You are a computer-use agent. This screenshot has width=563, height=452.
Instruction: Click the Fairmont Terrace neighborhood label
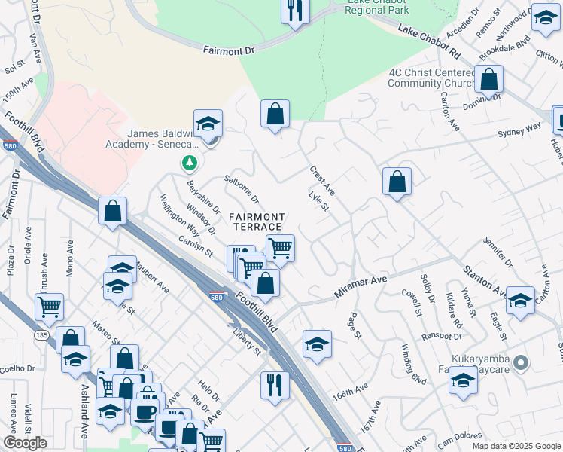click(x=258, y=221)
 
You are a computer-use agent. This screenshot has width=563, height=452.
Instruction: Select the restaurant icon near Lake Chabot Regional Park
click(x=294, y=11)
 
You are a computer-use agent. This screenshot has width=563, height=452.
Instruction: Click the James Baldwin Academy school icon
click(x=208, y=123)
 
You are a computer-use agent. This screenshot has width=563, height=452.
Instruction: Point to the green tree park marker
click(x=189, y=163)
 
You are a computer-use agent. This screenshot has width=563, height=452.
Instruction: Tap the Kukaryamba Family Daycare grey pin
click(x=521, y=363)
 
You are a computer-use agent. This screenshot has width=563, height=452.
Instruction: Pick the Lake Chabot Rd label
click(x=428, y=43)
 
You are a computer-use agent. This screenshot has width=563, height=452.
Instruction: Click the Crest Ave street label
click(x=322, y=181)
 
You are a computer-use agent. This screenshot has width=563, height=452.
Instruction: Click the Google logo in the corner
click(x=25, y=442)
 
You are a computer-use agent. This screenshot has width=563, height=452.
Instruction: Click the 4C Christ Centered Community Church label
click(x=431, y=78)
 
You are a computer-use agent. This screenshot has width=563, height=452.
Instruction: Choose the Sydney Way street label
click(x=519, y=130)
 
